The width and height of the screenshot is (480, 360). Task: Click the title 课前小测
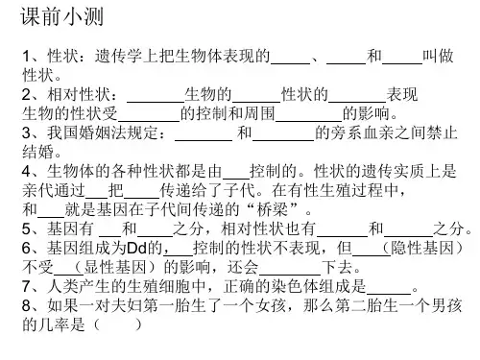click(62, 16)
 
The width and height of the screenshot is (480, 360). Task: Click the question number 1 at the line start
click(26, 57)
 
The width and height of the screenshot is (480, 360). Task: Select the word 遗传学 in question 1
click(119, 56)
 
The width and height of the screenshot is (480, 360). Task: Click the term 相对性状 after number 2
click(79, 94)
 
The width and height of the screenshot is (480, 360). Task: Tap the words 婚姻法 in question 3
click(103, 132)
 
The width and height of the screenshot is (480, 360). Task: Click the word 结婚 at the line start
click(37, 152)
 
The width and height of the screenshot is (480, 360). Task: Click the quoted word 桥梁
click(273, 209)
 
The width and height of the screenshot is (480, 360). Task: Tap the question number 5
click(26, 229)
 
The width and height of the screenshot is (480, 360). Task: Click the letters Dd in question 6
click(136, 248)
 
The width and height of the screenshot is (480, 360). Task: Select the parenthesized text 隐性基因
click(422, 248)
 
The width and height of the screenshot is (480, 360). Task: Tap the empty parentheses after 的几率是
click(117, 324)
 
